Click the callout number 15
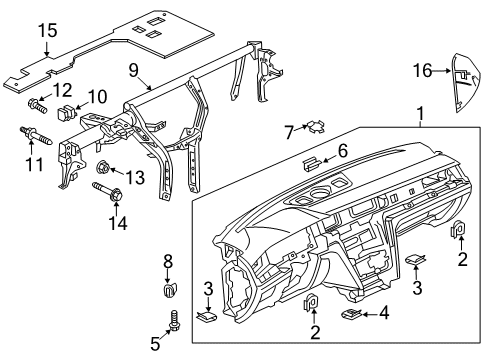[x=48, y=30]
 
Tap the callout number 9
[x=133, y=70]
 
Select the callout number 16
[x=422, y=71]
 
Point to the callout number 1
[x=421, y=114]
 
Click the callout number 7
[x=289, y=132]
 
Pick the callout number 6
[x=343, y=151]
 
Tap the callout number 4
[x=384, y=313]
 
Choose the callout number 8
[x=168, y=262]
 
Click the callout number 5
[x=155, y=344]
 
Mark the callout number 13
[x=135, y=177]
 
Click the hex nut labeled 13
[x=103, y=167]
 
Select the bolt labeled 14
[x=108, y=191]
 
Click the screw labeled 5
[x=174, y=321]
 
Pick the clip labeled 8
[x=171, y=289]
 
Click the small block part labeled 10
[x=67, y=112]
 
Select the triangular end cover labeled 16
[x=465, y=83]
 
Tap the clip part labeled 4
[x=351, y=313]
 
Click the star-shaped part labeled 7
[x=316, y=127]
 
